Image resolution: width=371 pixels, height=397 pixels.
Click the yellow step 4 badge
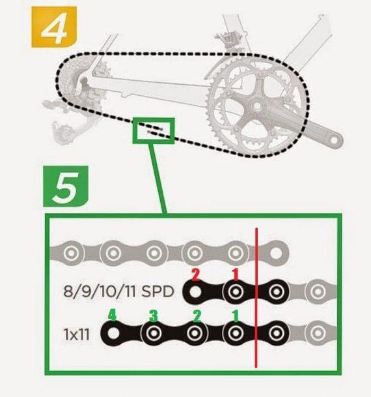[x=54, y=27]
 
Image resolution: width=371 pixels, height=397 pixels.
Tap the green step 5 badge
[x=66, y=186]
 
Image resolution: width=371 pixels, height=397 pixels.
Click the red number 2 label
[x=196, y=275]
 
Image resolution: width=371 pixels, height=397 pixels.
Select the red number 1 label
[x=236, y=274]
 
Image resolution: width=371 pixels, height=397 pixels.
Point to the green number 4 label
[x=112, y=316]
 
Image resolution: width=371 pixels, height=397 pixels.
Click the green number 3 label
[x=154, y=316]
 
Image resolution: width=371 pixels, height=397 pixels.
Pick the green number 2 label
[x=197, y=316]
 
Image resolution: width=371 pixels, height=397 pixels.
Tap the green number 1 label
[x=236, y=316]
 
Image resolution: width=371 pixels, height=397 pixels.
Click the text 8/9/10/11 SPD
[x=118, y=291]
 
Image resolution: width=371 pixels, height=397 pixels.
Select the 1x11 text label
[x=77, y=334]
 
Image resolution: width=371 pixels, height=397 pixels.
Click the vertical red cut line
[x=256, y=297]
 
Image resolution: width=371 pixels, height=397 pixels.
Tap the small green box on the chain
[x=154, y=130]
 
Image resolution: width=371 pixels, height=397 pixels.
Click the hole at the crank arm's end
[x=334, y=140]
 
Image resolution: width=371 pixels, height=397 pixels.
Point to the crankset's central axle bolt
[x=257, y=107]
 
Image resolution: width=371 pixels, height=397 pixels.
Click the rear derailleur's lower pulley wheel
[x=64, y=134]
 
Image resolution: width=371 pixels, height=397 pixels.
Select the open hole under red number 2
[x=195, y=292]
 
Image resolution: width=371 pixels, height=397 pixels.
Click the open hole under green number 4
[x=113, y=334]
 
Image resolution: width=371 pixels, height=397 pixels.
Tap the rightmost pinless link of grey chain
[x=276, y=253]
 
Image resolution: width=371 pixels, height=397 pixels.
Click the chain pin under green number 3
[x=154, y=333]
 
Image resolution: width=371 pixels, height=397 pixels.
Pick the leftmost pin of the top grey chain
[x=71, y=253]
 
